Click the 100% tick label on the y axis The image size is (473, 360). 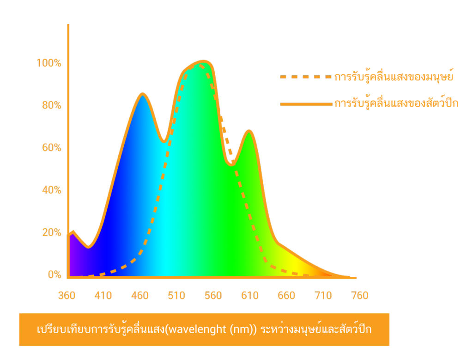tap(49, 63)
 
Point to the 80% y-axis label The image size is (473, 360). tap(51, 105)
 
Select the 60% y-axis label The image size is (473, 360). tap(51, 148)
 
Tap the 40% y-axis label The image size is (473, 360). tap(51, 190)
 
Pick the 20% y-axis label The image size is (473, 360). tap(51, 232)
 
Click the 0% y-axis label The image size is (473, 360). tap(54, 275)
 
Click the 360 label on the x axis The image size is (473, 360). tap(67, 295)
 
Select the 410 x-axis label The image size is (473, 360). tap(103, 295)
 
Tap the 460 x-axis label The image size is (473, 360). tap(139, 295)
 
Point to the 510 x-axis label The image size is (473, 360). tap(176, 295)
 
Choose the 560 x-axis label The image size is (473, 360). tap(213, 295)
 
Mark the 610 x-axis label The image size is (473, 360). tap(249, 295)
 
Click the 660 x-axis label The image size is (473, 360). tap(286, 295)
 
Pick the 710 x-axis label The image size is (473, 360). tap(323, 295)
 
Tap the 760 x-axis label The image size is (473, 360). tap(359, 295)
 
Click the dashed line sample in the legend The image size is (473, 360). tap(305, 77)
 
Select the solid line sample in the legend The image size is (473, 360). tap(305, 104)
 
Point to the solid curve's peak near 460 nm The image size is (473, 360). tap(143, 94)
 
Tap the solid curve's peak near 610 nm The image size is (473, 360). tap(249, 131)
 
